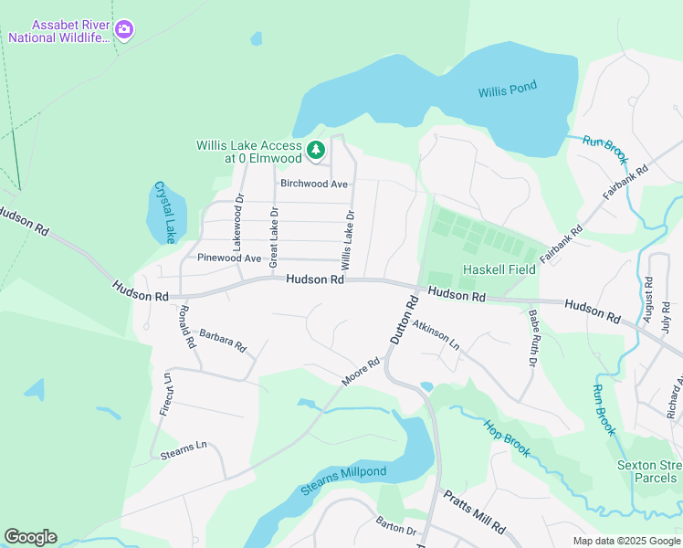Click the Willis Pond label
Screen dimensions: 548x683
[508, 90]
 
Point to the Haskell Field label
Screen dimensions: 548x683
[499, 269]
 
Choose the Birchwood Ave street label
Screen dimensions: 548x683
[314, 184]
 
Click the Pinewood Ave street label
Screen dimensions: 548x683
[229, 258]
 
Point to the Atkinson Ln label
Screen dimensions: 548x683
[436, 335]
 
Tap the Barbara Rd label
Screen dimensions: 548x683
[223, 341]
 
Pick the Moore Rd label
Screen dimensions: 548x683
[360, 370]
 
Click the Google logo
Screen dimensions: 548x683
[30, 537]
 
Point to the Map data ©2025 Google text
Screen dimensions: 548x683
[625, 541]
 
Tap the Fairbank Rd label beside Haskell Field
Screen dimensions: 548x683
[561, 246]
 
